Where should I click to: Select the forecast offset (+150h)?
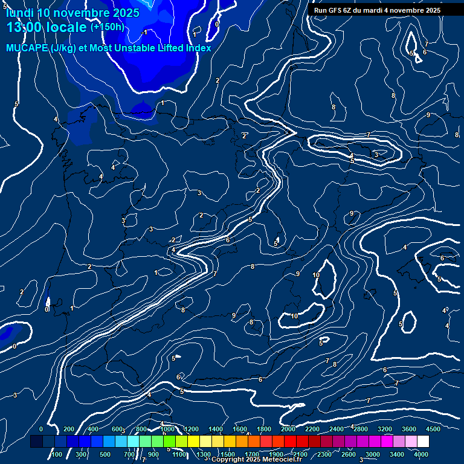107,27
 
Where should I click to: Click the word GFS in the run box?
338,10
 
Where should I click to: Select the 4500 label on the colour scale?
433,429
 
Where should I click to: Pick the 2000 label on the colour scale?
288,429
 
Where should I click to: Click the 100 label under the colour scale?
57,454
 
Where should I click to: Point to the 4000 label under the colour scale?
421,454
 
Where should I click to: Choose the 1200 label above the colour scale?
191,429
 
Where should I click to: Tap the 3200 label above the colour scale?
385,429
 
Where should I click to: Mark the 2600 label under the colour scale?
349,454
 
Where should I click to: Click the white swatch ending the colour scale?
423,442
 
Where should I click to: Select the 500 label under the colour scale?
105,454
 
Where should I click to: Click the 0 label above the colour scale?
41,429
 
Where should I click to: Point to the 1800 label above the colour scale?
264,429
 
